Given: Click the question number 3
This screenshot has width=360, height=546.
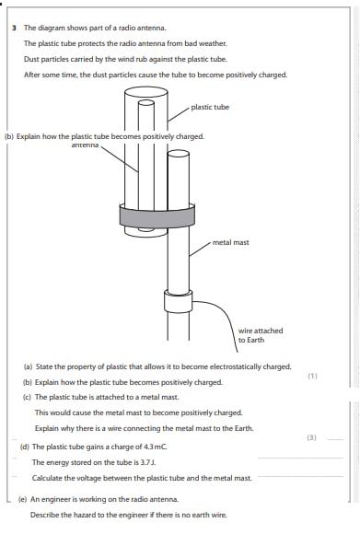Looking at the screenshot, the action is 14,28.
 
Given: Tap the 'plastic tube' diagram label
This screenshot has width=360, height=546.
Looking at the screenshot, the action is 210,107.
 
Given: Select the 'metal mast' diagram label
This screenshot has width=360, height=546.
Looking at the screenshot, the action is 230,242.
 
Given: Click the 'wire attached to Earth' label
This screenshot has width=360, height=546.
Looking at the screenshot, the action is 261,335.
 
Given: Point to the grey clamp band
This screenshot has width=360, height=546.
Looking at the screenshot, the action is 157,216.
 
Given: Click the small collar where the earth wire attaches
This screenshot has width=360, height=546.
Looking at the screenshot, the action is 178,302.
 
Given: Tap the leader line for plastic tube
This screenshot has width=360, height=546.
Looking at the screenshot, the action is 179,114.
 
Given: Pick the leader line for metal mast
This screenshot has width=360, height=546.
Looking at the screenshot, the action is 200,249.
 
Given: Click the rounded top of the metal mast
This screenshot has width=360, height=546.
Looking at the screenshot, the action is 179,154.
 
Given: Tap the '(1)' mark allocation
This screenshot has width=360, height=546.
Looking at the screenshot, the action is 313,376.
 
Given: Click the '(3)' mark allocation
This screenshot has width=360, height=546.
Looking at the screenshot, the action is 311,437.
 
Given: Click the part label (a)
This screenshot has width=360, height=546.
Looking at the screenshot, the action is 28,367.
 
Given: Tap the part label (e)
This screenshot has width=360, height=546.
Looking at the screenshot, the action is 23,499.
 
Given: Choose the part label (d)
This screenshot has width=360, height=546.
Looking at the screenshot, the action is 25,447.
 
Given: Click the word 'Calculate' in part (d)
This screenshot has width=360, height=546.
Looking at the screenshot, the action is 46,478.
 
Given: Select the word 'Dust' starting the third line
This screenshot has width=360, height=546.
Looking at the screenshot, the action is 31,59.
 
